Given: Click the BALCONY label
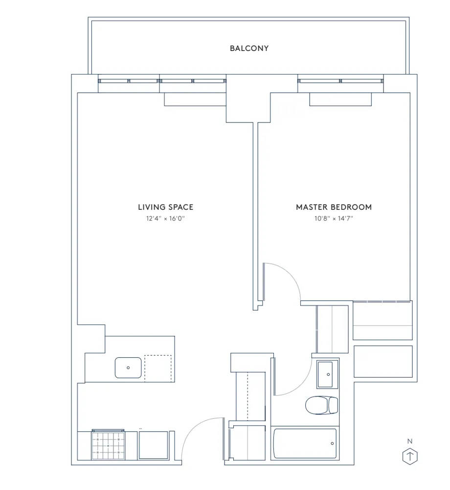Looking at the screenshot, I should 249,48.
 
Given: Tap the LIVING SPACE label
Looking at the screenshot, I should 165,207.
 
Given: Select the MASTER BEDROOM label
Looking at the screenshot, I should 334,207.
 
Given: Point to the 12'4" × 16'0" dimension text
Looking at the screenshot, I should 165,219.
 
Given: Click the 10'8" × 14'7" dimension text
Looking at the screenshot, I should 334,219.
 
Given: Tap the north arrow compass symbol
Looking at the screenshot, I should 410,456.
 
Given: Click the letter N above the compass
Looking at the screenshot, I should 410,441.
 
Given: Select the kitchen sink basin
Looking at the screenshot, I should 128,367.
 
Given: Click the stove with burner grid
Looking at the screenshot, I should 108,445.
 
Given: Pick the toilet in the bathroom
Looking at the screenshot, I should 321,405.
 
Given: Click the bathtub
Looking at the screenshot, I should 305,444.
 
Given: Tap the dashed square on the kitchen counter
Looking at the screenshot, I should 158,368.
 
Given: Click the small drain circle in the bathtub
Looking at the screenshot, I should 332,444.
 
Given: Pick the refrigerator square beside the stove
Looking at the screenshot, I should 153,445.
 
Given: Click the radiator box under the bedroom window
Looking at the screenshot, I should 340,99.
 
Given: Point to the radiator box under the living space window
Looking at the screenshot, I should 195,99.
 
